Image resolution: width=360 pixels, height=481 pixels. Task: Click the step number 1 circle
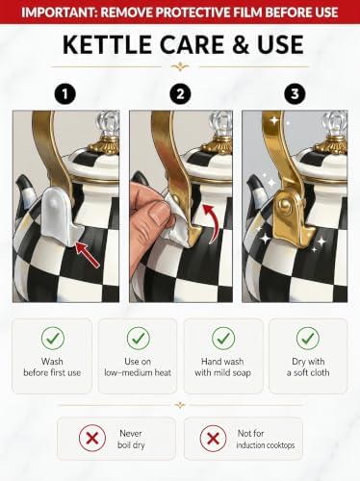coord(65,94)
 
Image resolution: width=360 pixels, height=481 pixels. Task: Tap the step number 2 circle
coord(180,94)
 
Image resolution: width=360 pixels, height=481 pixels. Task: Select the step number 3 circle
coord(295,94)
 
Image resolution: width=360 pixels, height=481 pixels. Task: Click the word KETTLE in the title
coord(108,45)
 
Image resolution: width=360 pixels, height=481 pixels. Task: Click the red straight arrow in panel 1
coord(88,254)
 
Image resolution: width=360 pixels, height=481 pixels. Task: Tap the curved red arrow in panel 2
coord(210,223)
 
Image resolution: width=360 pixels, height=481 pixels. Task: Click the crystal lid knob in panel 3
coord(336,124)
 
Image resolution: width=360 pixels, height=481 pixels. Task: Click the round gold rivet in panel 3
coord(284,204)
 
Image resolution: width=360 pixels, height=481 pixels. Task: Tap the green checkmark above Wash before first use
coord(53,338)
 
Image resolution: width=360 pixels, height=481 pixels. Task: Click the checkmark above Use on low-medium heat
coord(139,338)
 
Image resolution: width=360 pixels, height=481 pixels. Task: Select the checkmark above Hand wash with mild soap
coord(223,338)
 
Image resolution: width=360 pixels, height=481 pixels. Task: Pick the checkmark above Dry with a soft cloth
coord(308,338)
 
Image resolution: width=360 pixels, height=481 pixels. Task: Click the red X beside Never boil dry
coord(92,438)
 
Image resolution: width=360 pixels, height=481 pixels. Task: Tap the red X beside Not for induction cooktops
coord(213,438)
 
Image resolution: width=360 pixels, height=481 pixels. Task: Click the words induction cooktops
coord(266,445)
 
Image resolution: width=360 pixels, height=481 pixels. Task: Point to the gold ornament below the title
coord(180,66)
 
